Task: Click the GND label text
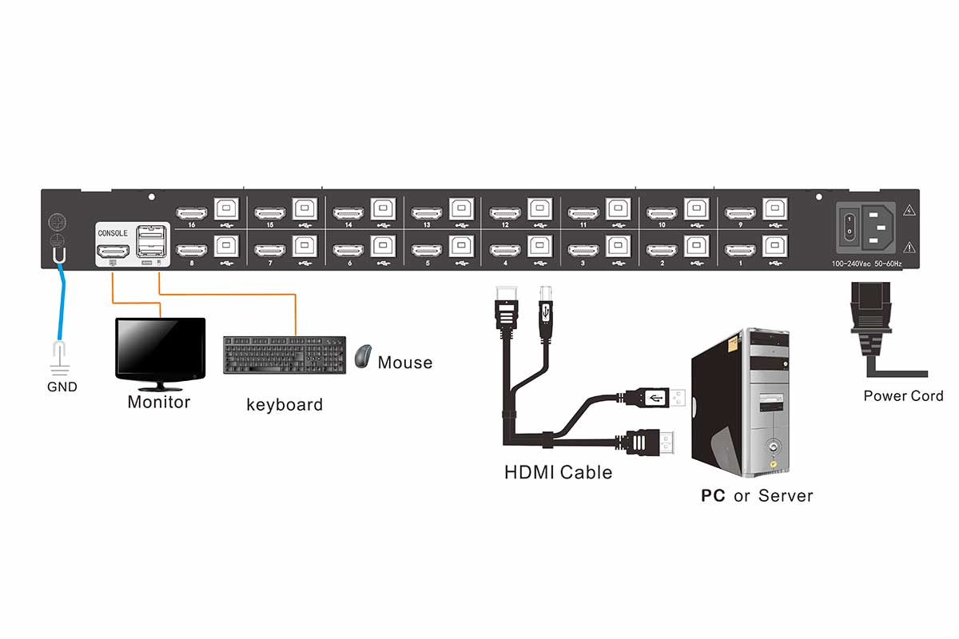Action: pyautogui.click(x=62, y=387)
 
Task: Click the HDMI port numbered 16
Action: pyautogui.click(x=192, y=213)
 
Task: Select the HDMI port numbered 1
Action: pyautogui.click(x=740, y=251)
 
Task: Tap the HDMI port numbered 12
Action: pyautogui.click(x=505, y=213)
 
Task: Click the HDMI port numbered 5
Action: pyautogui.click(x=427, y=251)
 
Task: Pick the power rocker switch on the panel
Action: pyautogui.click(x=851, y=224)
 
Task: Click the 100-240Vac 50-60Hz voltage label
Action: pyautogui.click(x=866, y=263)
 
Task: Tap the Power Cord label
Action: pyautogui.click(x=903, y=396)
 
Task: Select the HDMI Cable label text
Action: pyautogui.click(x=558, y=472)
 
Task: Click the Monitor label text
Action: pyautogui.click(x=159, y=402)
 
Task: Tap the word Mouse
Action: pyautogui.click(x=405, y=363)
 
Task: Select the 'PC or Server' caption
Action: pyautogui.click(x=757, y=496)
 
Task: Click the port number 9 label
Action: pyautogui.click(x=740, y=225)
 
